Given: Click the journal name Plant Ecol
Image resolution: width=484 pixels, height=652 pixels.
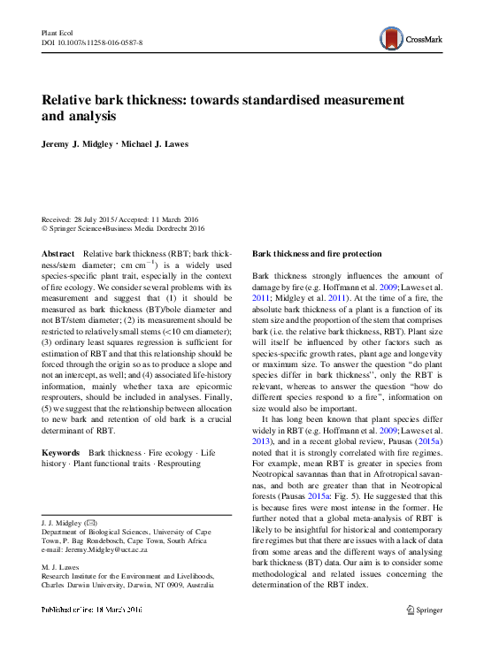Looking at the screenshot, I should [x=58, y=32].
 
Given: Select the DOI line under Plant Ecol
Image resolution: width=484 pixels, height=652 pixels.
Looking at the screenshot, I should [x=93, y=42].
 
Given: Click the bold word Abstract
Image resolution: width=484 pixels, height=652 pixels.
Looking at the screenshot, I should [x=58, y=253].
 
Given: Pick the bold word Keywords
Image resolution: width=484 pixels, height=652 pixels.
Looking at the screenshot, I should [x=61, y=452].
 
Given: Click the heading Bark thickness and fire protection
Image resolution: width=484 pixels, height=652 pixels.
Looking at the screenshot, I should [x=317, y=253].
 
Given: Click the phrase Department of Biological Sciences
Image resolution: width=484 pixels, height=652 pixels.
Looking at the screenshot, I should [x=98, y=531].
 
